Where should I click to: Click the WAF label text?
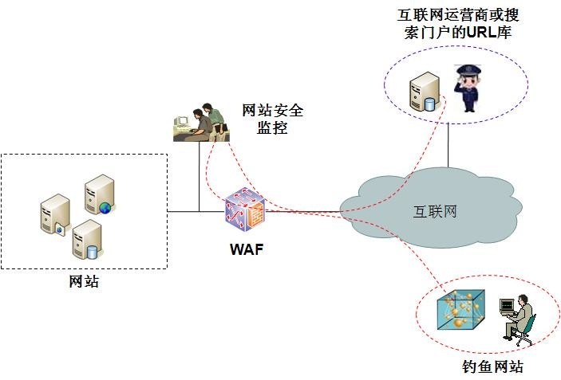tap(245, 249)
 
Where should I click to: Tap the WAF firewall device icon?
tap(245, 211)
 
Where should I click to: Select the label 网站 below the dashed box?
tap(84, 280)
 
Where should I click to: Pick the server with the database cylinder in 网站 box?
tap(85, 240)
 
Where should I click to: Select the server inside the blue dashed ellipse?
tap(422, 91)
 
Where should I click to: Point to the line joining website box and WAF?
tap(196, 211)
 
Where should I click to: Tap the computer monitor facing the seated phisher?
tap(505, 307)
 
